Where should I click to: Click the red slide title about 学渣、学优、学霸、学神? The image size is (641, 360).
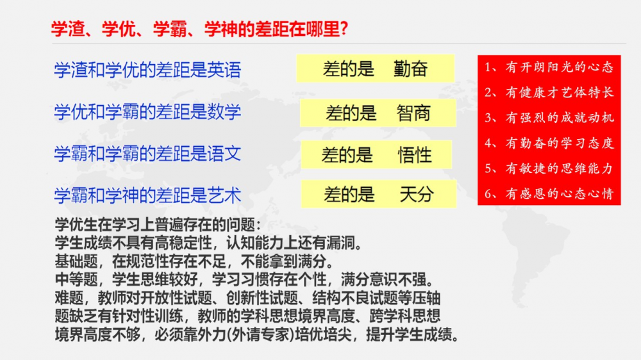[x=199, y=29]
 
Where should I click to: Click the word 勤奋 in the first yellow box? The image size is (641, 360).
[x=410, y=69]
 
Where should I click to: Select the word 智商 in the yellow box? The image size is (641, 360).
[x=413, y=113]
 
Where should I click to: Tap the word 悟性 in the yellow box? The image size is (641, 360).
[x=415, y=155]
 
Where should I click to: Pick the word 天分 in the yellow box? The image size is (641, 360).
[x=416, y=194]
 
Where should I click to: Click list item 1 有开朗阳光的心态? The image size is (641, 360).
[x=549, y=67]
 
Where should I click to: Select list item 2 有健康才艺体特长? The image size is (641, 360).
[x=549, y=92]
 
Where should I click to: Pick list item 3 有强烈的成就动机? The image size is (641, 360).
[x=549, y=118]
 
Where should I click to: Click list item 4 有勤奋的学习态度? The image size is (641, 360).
[x=549, y=143]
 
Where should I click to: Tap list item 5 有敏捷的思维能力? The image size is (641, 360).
[x=549, y=168]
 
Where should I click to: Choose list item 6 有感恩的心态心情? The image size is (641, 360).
[x=549, y=193]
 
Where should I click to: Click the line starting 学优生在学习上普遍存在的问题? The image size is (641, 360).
[x=158, y=225]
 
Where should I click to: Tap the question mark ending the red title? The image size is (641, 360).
[x=344, y=29]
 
